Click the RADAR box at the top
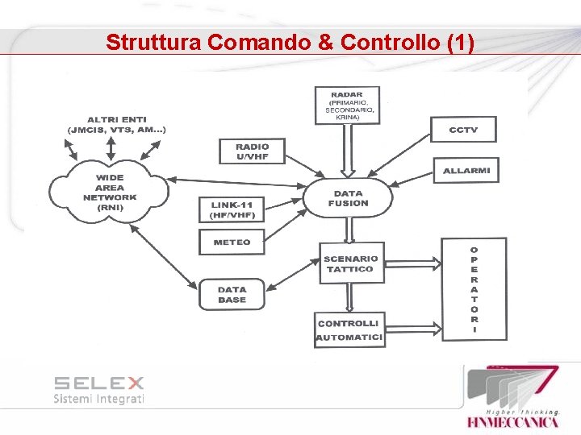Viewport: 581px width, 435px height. (348, 106)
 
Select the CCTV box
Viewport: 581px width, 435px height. (462, 129)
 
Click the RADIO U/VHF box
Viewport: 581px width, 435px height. (253, 151)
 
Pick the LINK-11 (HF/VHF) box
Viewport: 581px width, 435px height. (232, 210)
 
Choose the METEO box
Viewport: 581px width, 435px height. (232, 242)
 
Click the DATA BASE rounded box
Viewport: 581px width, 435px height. (232, 295)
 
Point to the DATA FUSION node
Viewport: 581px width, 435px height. (349, 198)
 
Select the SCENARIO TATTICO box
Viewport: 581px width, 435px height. (350, 264)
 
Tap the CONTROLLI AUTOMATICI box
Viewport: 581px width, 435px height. (349, 330)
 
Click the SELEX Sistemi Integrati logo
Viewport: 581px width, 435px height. (98, 389)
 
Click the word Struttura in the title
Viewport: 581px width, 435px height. (153, 42)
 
